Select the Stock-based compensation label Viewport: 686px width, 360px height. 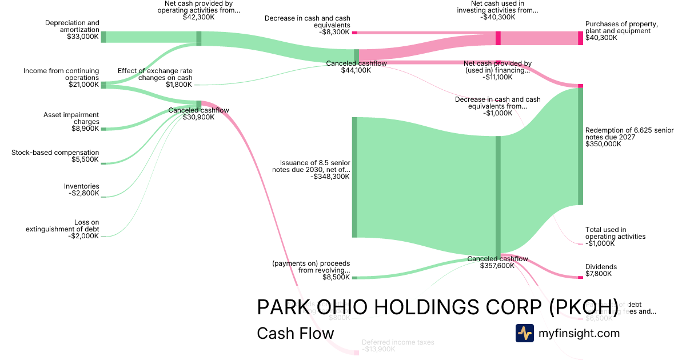tap(55, 156)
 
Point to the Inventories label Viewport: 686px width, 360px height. tap(81, 190)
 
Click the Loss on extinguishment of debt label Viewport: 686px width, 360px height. tap(62, 229)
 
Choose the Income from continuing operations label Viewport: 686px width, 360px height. tap(61, 78)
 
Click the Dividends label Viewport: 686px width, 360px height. tap(601, 270)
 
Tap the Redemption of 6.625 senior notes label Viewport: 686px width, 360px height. tap(629, 137)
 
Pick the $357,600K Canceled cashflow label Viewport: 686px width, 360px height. tap(497, 262)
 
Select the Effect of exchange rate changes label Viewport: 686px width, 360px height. tap(155, 78)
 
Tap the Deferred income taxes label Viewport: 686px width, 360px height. tap(398, 346)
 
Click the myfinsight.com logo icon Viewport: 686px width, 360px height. tap(524, 333)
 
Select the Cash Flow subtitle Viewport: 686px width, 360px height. tap(296, 333)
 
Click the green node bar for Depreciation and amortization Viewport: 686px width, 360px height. tap(103, 37)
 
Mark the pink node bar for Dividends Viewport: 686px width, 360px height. tap(580, 277)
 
